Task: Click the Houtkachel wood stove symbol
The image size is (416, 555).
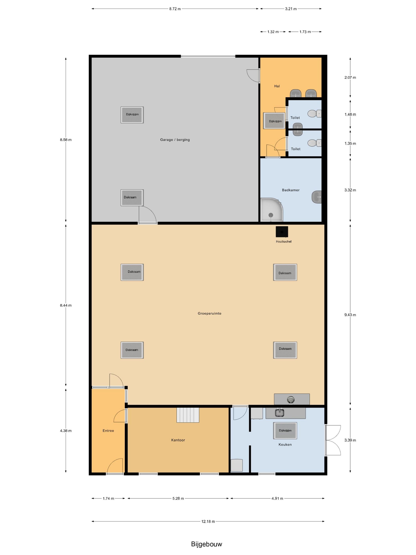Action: (x=282, y=232)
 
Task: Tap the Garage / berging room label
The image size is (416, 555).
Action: (x=175, y=140)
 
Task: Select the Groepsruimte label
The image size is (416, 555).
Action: (x=209, y=313)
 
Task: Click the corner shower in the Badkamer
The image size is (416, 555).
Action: (x=272, y=210)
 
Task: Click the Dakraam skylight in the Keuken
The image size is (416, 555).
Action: (x=285, y=431)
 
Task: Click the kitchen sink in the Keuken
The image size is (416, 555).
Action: (x=279, y=413)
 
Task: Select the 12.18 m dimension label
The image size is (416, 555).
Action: (x=208, y=521)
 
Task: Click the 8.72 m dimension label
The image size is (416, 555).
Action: (x=175, y=9)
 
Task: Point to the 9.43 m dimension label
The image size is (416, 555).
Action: (x=350, y=315)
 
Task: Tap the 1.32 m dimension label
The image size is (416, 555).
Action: (x=273, y=32)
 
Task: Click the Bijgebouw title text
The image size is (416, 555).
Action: (x=206, y=544)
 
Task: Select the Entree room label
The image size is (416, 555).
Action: (x=108, y=431)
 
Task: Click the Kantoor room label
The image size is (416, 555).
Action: (x=178, y=440)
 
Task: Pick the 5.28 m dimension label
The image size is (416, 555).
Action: (x=178, y=498)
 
